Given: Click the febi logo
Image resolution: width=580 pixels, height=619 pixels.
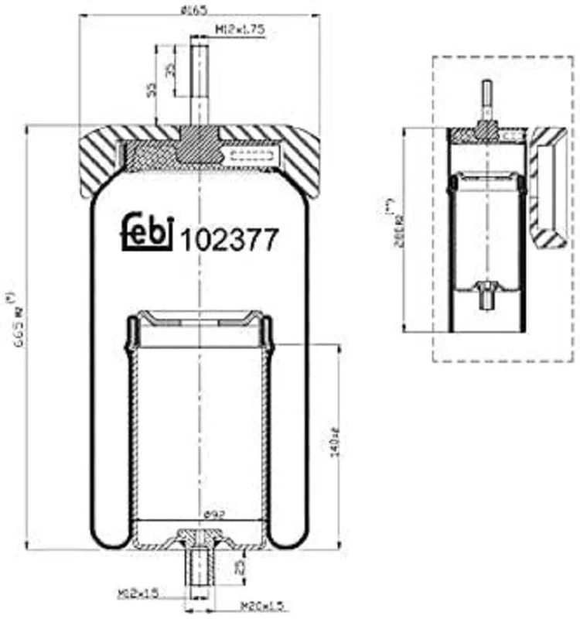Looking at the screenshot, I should point(145,231).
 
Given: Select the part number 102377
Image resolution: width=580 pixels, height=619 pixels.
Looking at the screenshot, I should point(228,240).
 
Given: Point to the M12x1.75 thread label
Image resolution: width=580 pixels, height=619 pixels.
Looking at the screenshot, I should point(239,29).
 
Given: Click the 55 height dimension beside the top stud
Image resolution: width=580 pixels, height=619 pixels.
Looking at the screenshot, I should point(151,91).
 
